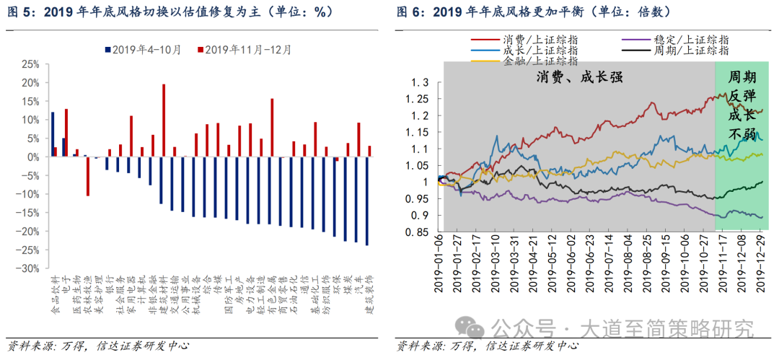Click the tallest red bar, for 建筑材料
pyautogui.click(x=164, y=120)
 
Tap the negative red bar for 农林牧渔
pyautogui.click(x=87, y=176)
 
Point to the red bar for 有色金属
pyautogui.click(x=272, y=128)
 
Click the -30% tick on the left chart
pyautogui.click(x=29, y=268)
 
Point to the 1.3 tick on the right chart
pyautogui.click(x=420, y=82)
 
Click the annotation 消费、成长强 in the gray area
pyautogui.click(x=578, y=76)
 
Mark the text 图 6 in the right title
pyautogui.click(x=408, y=12)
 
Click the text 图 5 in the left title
pyautogui.click(x=18, y=12)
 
